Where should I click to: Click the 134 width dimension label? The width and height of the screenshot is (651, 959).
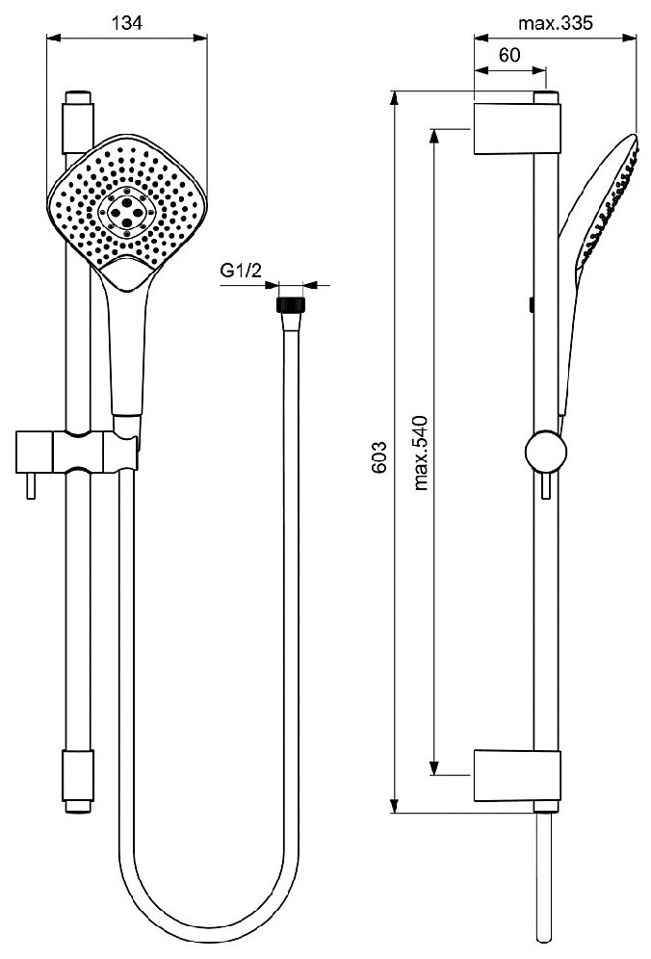click(125, 24)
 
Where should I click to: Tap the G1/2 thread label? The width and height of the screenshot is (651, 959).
click(242, 272)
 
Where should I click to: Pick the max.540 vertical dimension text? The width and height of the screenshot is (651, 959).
click(421, 453)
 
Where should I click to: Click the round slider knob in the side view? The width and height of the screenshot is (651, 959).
click(545, 454)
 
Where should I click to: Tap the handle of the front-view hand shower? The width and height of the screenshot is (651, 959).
click(126, 347)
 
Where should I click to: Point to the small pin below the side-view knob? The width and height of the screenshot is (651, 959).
click(546, 489)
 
